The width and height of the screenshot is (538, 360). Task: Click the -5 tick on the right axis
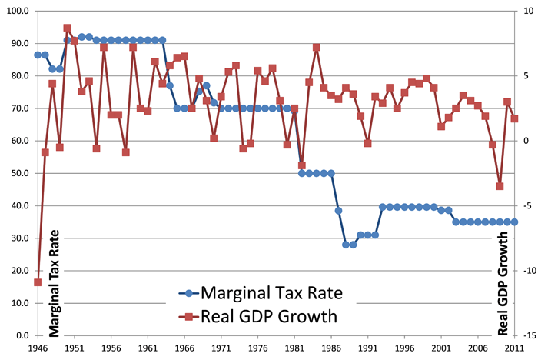527,206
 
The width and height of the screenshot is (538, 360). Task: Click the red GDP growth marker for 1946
38,282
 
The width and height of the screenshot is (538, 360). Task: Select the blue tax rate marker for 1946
38,55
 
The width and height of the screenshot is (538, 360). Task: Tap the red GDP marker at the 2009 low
500,186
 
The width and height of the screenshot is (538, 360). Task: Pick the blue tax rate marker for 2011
514,222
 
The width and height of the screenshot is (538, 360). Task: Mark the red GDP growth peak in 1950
67,28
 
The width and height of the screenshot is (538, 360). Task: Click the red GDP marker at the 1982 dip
302,165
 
